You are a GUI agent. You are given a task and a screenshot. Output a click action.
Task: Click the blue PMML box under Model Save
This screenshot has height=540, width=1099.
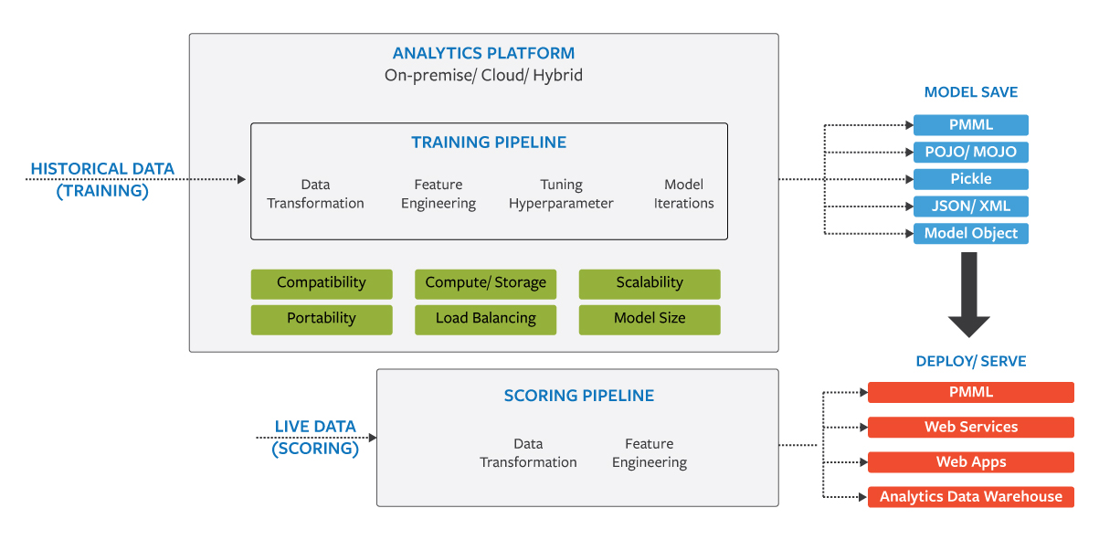pos(970,125)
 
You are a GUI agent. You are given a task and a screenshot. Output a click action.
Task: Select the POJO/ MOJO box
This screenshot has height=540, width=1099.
pos(970,152)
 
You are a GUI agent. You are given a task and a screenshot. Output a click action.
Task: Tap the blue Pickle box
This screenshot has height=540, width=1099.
pos(970,179)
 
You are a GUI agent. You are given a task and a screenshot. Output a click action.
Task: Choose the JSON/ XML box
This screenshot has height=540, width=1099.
pos(970,206)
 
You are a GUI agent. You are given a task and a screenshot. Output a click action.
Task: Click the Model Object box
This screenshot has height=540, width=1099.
pos(970,233)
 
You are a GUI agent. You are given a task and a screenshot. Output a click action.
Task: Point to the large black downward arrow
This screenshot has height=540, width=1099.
pos(969,293)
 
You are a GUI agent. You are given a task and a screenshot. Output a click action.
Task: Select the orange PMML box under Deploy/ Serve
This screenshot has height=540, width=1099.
pos(970,392)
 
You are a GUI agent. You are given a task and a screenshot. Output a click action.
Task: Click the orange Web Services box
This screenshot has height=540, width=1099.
pos(970,427)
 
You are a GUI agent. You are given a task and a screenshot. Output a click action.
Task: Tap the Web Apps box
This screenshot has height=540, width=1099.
pos(970,461)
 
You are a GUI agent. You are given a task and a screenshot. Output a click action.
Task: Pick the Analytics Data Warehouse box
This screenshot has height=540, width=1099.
pos(970,497)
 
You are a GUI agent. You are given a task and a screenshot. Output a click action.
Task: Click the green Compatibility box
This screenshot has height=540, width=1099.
pos(321,283)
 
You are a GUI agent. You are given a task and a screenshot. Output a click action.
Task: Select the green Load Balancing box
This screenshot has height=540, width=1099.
pos(485,319)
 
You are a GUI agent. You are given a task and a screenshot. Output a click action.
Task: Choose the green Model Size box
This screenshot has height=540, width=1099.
pos(650,319)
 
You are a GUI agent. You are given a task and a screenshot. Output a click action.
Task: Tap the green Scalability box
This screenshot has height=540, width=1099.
pos(650,283)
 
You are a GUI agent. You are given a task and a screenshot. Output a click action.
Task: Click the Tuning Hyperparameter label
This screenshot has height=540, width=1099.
pos(561,194)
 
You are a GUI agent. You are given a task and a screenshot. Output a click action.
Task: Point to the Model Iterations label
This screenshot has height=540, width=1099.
pos(683,194)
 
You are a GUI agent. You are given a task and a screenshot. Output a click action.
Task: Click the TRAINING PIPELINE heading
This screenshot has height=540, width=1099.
pos(489,143)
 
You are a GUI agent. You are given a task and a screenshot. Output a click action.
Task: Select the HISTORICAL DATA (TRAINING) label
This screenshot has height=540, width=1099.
pos(102,180)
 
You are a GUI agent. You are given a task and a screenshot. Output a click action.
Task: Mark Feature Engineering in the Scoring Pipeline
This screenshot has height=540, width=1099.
pos(649,453)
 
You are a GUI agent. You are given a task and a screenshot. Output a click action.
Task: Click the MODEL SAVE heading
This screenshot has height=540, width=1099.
pos(970,92)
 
